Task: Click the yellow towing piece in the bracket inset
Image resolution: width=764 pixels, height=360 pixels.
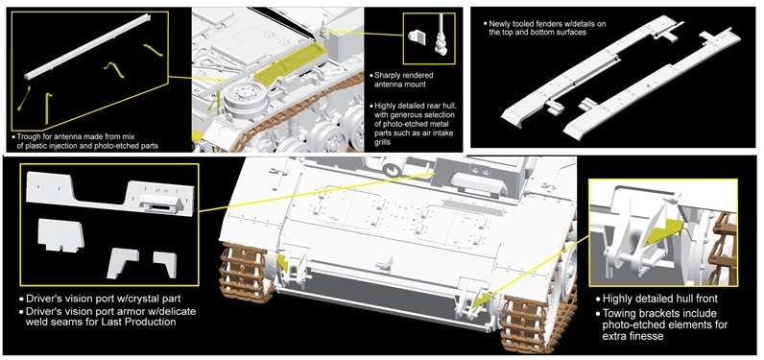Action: (x=662, y=228)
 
